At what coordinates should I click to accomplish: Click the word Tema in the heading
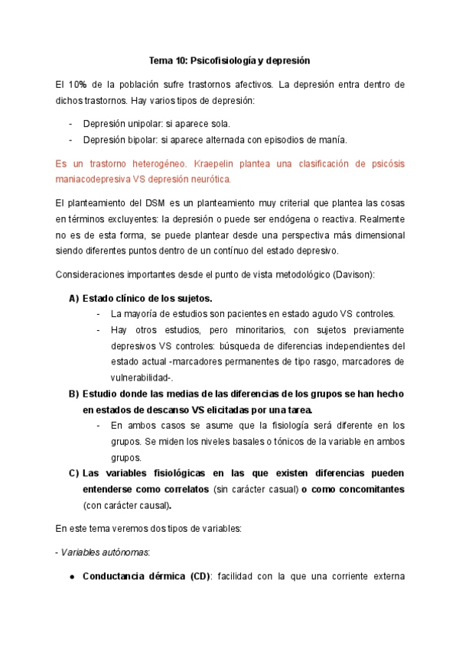161,60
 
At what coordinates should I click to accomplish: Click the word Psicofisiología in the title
221,60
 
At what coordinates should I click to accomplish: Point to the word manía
310,140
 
